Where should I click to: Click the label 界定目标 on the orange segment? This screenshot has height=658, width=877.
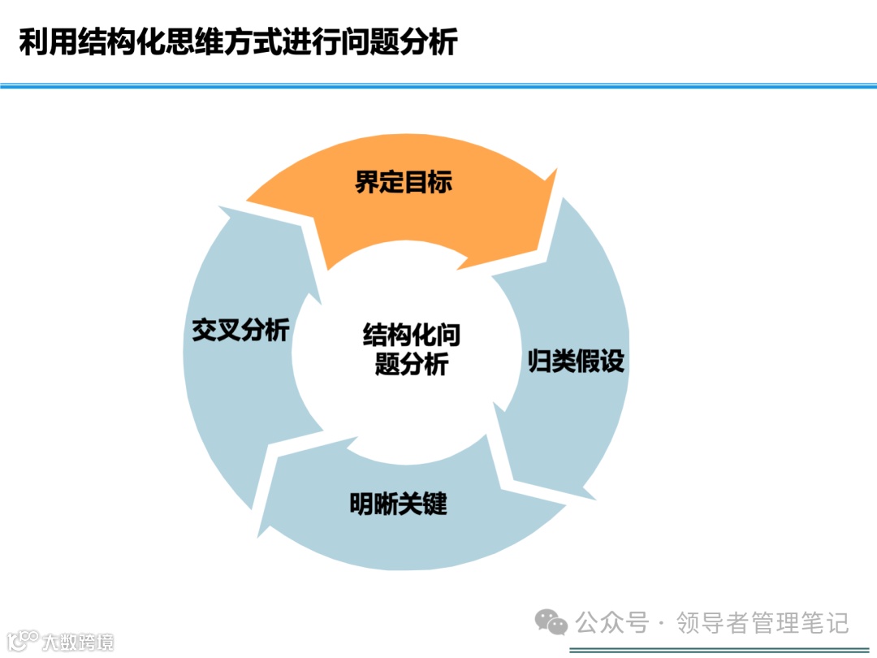click(403, 182)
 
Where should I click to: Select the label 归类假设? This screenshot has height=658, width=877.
click(576, 361)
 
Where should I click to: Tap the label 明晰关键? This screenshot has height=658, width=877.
click(398, 504)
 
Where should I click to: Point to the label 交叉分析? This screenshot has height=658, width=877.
click(240, 331)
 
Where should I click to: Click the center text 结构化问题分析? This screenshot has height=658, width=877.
click(412, 350)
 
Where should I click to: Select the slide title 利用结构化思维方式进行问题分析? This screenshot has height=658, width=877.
click(238, 43)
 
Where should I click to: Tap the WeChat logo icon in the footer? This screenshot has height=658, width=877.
click(551, 623)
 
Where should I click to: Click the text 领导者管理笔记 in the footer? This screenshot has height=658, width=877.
click(763, 623)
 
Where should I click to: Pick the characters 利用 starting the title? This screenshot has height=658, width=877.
click(43, 43)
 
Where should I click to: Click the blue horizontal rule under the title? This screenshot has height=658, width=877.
click(438, 85)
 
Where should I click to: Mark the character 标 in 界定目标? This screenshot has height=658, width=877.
click(439, 182)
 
